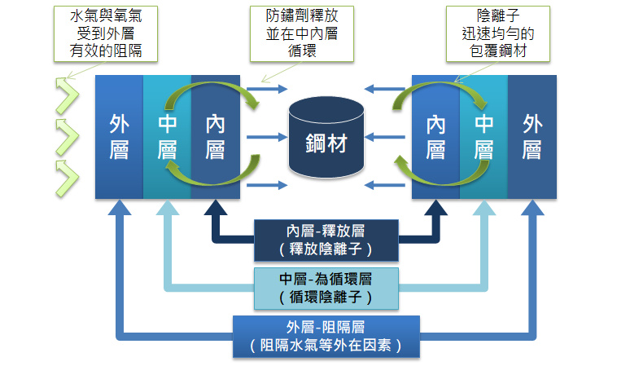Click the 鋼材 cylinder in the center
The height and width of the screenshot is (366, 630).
point(326,138)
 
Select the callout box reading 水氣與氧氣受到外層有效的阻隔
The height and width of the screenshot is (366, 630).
point(106,33)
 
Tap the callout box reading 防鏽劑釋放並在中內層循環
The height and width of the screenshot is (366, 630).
point(302,33)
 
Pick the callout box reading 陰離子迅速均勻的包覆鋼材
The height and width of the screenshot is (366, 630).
point(498,33)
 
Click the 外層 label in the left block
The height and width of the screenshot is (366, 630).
point(119,137)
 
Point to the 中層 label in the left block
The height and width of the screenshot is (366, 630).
point(167,137)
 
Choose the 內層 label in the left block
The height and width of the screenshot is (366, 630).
point(216,137)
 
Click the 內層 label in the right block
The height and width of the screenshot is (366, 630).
point(436,137)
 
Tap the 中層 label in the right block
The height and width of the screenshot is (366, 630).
point(483,137)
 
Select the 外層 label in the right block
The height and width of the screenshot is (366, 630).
point(532,137)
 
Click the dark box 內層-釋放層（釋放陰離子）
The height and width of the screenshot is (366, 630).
point(326,240)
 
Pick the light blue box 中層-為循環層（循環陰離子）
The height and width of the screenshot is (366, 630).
point(326,289)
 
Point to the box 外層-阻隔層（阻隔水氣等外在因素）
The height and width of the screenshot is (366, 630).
point(326,337)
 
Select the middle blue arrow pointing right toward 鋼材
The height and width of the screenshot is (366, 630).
point(267,137)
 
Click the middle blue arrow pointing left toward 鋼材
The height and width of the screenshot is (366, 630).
point(384,137)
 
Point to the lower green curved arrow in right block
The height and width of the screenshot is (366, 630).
point(442,183)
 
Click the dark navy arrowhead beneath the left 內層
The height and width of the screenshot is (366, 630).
point(216,208)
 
